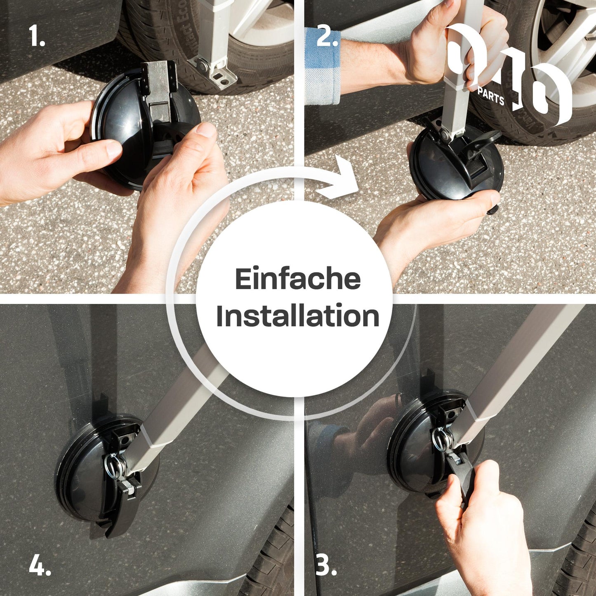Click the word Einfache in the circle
(x=298, y=279)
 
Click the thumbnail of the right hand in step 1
(x=206, y=130)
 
